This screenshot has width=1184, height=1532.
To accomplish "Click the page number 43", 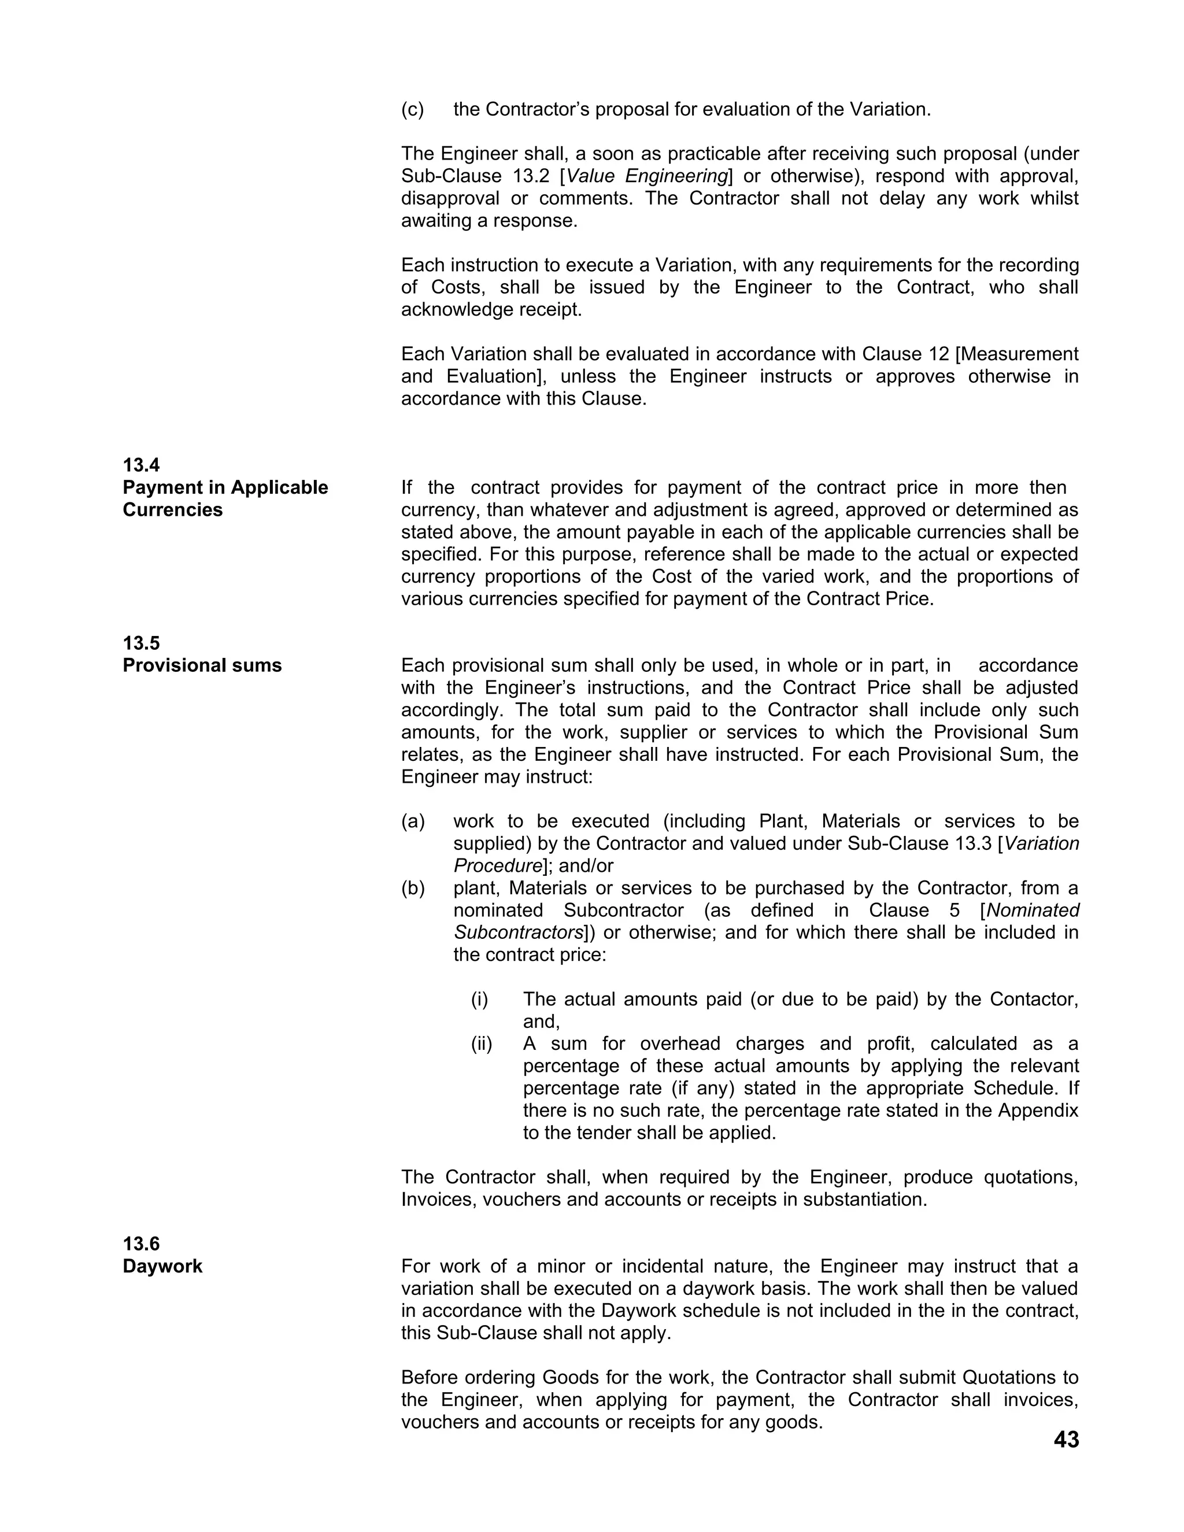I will pos(1065,1440).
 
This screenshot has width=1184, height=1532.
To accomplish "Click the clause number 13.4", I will pos(141,465).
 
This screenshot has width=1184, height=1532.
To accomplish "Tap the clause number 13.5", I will pos(141,643).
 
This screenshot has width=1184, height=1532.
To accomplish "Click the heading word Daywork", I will pos(162,1266).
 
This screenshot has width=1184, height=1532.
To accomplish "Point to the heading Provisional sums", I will pos(202,665).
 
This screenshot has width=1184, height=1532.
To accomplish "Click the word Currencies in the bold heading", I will pos(172,510).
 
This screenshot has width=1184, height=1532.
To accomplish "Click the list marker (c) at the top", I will pos(412,109).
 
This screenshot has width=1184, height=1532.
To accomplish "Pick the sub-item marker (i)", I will pos(479,1000).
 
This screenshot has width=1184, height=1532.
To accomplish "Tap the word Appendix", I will pos(1038,1111).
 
